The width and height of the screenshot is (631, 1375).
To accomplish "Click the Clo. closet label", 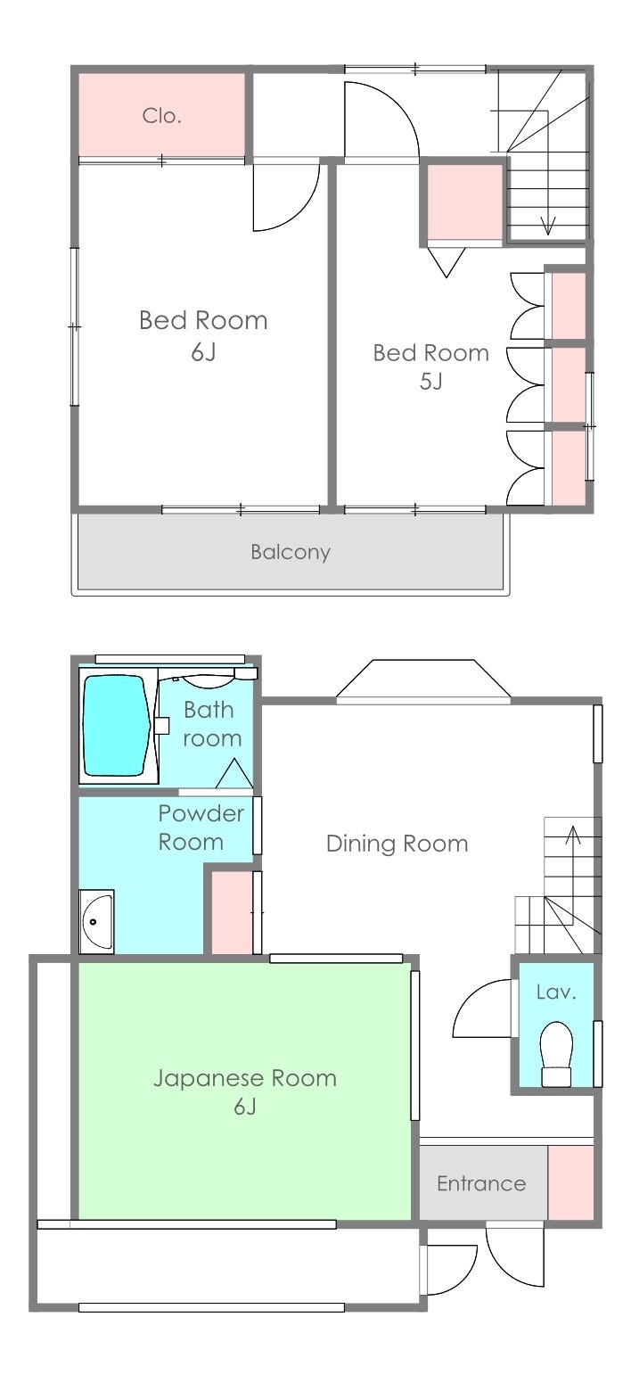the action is click(x=161, y=115).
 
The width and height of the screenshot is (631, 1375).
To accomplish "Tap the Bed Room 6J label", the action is click(x=203, y=336).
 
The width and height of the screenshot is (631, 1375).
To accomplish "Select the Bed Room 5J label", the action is click(x=430, y=366).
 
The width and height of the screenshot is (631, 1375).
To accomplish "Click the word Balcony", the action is click(x=291, y=552).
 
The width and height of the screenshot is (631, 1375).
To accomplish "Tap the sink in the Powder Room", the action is click(x=96, y=921).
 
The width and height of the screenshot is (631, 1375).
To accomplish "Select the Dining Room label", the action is click(x=397, y=844).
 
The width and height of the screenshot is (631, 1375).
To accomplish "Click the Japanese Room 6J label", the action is click(x=245, y=1092).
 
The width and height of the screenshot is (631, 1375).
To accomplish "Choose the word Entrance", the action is click(x=481, y=1183).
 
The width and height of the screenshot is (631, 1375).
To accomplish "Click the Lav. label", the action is click(x=556, y=992).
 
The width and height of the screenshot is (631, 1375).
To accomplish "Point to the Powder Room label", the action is click(x=201, y=827).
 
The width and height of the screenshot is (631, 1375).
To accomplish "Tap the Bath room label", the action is click(x=212, y=724).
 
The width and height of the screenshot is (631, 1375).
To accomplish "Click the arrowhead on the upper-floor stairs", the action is click(x=547, y=226).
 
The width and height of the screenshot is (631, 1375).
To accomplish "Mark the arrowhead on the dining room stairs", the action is click(x=573, y=835).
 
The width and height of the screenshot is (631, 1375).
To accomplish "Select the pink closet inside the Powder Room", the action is click(x=232, y=912).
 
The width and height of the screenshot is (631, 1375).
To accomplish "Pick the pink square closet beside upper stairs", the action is click(x=464, y=202).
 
